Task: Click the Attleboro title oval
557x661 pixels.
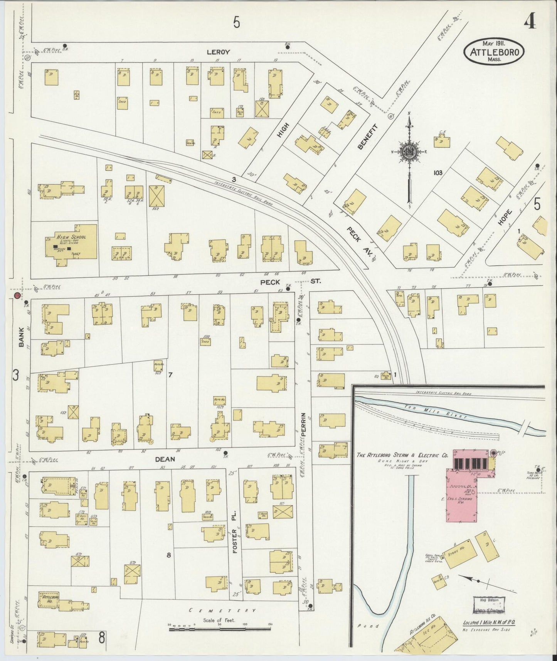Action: coord(494,52)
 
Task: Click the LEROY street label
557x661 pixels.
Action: coord(218,52)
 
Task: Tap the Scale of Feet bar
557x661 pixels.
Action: coord(220,629)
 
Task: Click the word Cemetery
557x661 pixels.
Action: coord(222,610)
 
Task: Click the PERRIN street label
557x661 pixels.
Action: coord(303,424)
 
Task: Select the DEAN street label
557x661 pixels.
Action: coord(165,459)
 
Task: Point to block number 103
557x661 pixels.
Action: coord(438,172)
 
